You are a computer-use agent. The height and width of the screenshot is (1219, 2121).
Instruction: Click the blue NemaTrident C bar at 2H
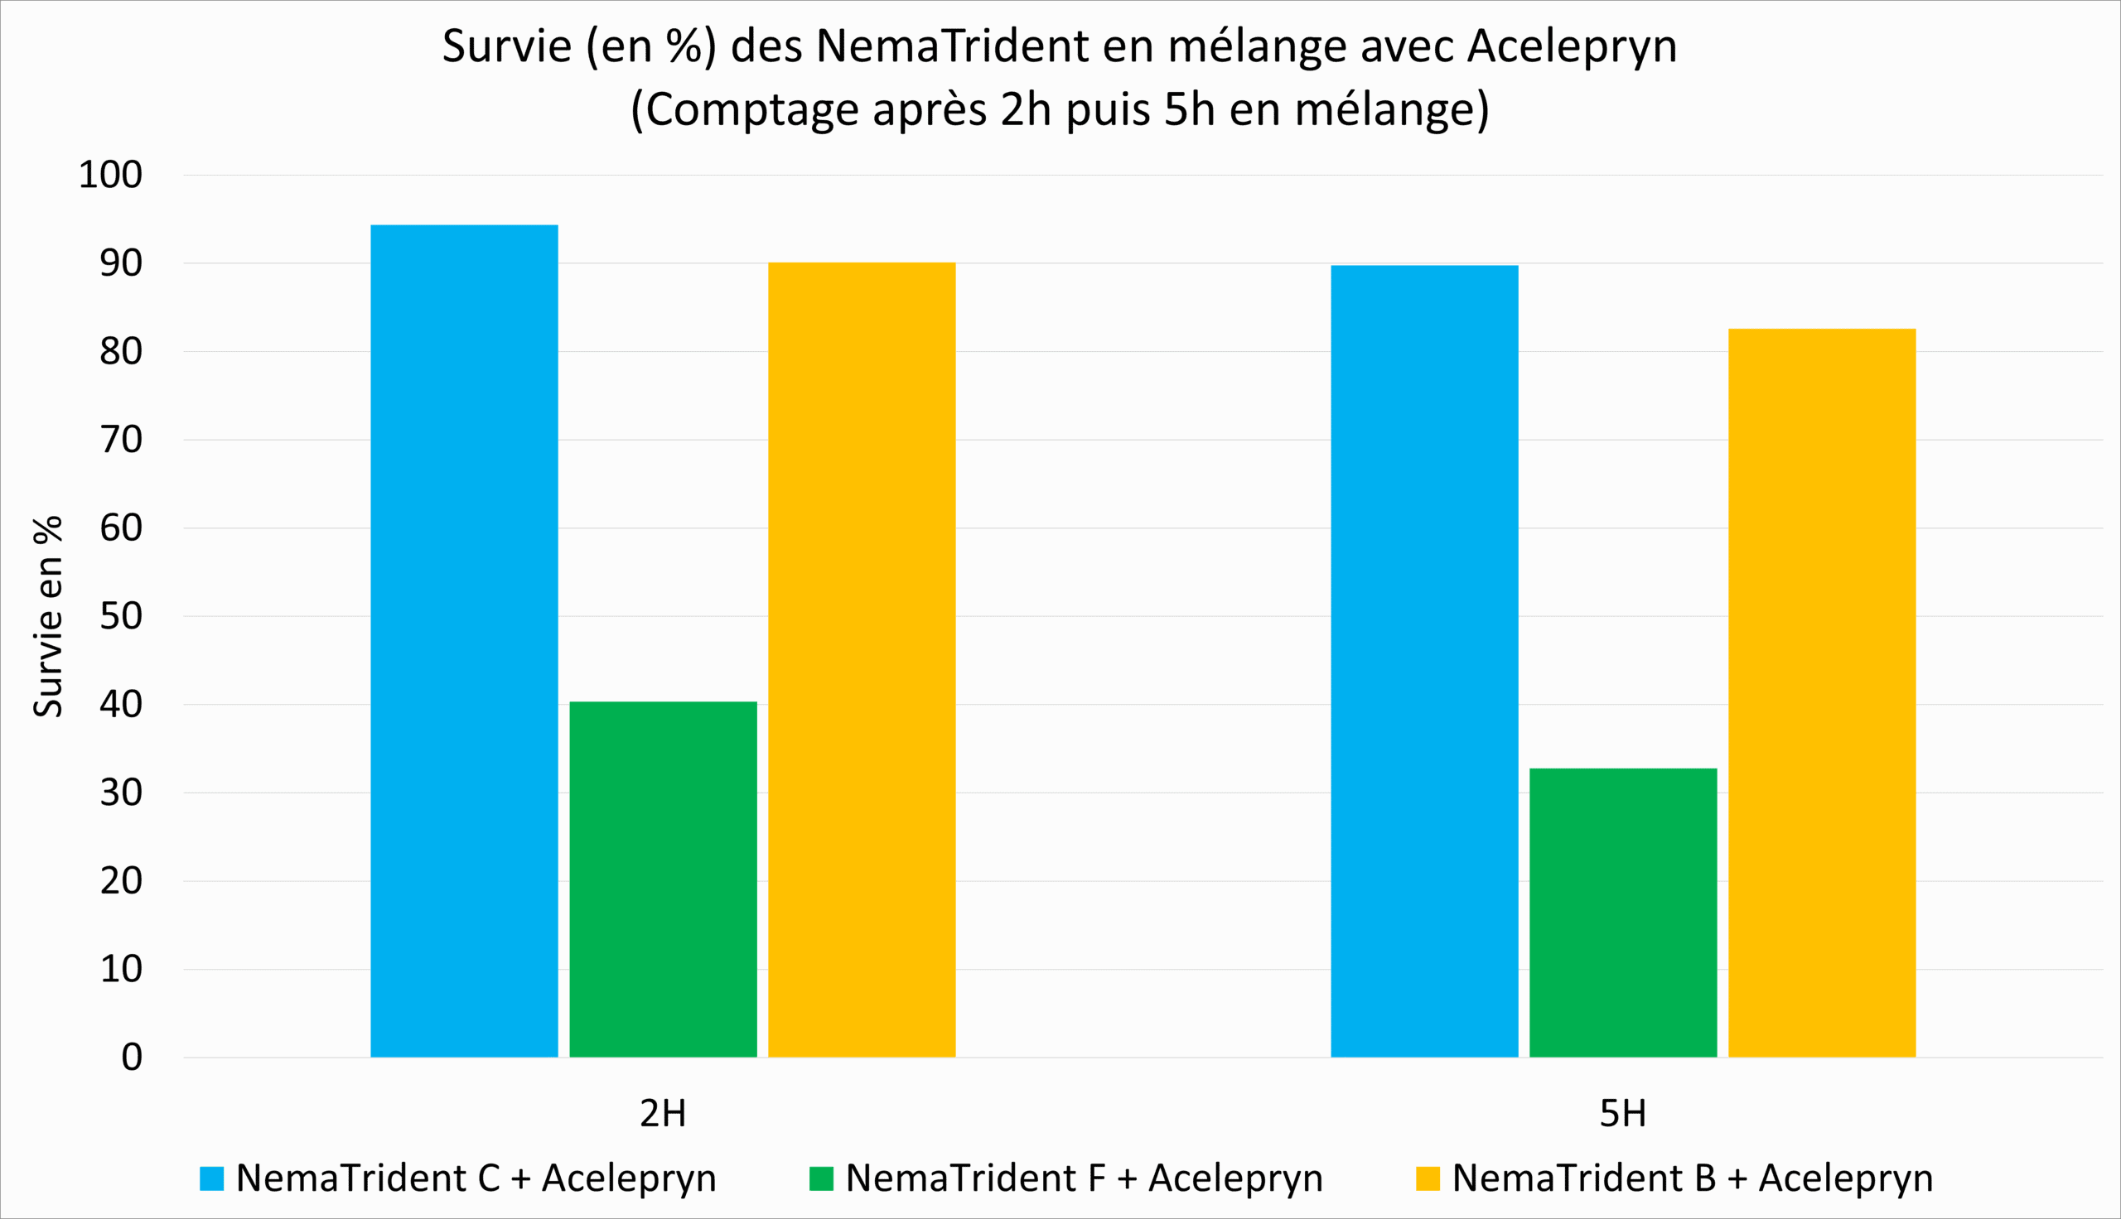click(464, 640)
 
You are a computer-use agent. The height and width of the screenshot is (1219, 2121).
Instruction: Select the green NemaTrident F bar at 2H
click(663, 879)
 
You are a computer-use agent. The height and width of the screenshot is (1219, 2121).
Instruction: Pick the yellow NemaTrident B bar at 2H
click(862, 660)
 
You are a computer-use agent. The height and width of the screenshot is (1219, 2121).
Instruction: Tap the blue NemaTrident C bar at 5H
click(1424, 662)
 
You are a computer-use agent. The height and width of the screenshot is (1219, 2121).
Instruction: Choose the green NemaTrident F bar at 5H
click(1623, 913)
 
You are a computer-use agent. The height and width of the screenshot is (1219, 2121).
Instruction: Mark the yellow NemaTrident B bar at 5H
click(1822, 692)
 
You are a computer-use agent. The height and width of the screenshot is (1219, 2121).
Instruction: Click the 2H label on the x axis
click(663, 1114)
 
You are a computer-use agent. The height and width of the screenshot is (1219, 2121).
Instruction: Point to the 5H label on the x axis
click(1623, 1114)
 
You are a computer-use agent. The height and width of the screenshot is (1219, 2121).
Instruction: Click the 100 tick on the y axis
click(110, 175)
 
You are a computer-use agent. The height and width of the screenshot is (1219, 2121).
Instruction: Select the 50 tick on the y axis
click(122, 616)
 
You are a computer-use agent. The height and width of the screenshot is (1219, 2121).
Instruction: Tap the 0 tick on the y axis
click(133, 1058)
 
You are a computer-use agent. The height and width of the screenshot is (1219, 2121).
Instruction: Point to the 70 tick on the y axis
click(122, 440)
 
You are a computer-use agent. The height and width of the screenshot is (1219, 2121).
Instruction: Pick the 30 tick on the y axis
click(122, 793)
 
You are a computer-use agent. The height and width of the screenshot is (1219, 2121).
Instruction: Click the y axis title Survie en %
click(49, 616)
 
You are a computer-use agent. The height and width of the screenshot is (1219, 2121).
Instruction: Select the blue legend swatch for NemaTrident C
click(212, 1178)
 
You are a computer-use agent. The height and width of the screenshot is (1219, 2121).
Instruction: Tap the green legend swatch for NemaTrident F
click(821, 1178)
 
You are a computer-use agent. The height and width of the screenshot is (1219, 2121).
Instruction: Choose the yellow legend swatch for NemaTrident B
click(1428, 1178)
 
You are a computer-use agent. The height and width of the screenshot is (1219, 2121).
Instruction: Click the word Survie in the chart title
click(506, 46)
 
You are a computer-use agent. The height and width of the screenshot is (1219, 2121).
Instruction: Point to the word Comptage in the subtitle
click(752, 109)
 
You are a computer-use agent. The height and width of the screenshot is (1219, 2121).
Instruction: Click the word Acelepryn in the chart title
click(1572, 46)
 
